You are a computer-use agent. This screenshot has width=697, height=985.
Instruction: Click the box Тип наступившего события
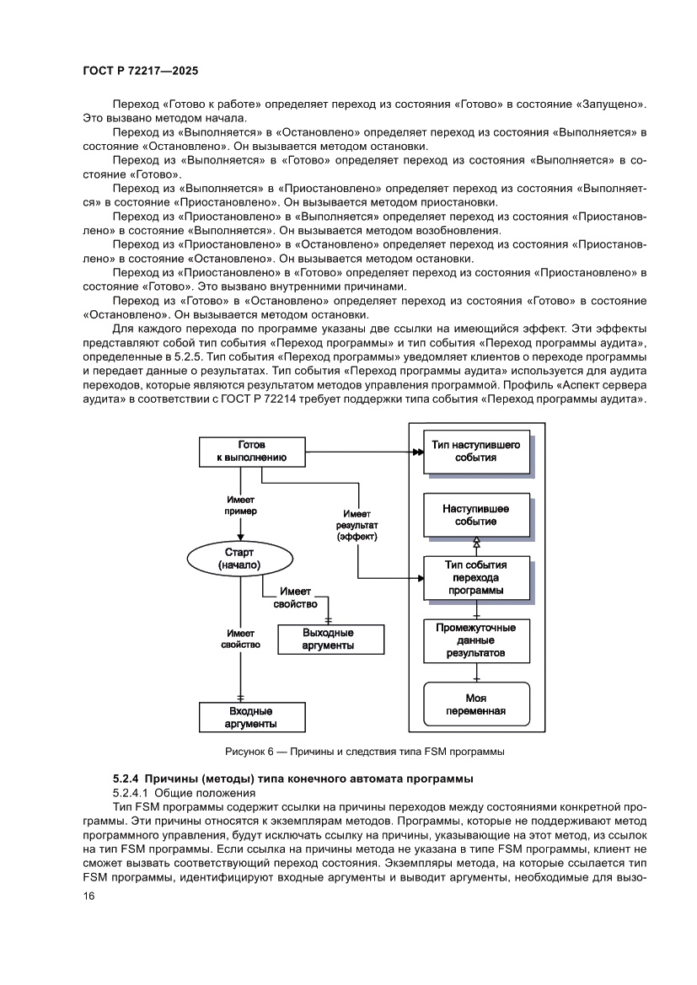[475, 451]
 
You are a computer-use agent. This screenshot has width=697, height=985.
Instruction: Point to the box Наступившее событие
[475, 515]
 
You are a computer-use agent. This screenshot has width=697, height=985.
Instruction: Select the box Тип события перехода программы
[475, 577]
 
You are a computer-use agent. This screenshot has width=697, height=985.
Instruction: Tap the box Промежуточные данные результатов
[475, 640]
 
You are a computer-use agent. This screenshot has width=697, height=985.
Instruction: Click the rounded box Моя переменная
[475, 704]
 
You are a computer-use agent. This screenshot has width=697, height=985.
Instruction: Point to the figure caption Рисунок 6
[364, 751]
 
